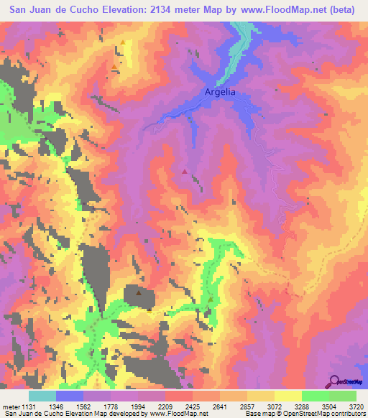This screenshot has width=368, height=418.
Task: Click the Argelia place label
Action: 220,93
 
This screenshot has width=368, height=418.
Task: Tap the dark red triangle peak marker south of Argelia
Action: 185,171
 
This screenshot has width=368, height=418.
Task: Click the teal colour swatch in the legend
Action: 43,396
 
